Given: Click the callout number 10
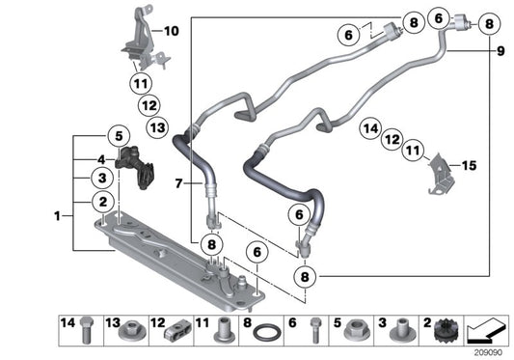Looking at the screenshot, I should click(172, 31).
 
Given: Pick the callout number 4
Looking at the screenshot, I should click(99, 160).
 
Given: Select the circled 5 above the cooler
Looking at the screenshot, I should click(120, 135).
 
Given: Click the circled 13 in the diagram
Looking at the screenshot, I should click(157, 127).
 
